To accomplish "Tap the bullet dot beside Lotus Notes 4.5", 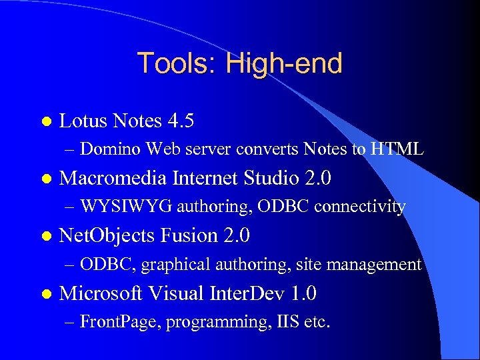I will point(46,121).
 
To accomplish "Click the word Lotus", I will point(84,121).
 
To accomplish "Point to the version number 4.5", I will point(181,121).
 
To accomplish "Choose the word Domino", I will point(111,149).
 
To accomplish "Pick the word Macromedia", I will point(114,179).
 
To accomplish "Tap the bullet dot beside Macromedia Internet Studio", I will point(46,179).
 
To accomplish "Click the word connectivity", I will point(359,207).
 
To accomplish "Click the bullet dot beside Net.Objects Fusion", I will point(46,237).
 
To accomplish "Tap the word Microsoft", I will point(103,293).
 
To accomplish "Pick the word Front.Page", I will point(120,322).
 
